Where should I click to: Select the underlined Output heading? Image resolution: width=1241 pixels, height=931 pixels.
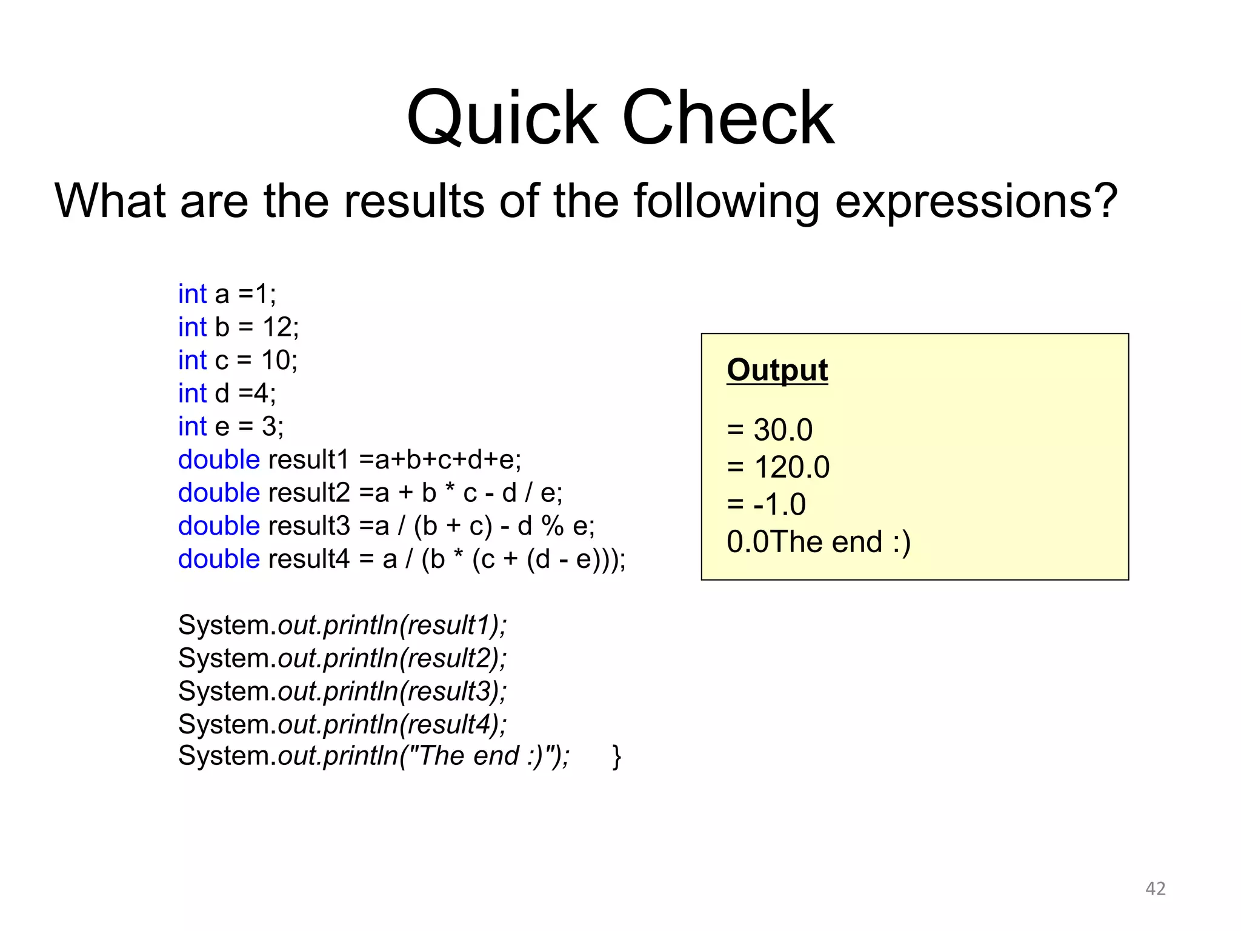click(777, 370)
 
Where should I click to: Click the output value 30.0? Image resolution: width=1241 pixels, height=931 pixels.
click(782, 430)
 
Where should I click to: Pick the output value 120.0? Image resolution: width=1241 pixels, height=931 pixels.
click(791, 467)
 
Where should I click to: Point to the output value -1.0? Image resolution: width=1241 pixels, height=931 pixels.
click(779, 504)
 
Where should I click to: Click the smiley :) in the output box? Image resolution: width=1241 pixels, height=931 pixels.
click(902, 542)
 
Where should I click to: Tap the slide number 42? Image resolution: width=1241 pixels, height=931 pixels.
click(1155, 889)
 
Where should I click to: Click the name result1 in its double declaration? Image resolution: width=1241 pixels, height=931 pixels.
click(309, 460)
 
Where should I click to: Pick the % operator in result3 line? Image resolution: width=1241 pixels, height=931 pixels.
click(552, 526)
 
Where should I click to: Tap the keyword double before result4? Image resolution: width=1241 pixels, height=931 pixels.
click(219, 559)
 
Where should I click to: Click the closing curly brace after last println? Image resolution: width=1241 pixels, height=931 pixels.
click(617, 756)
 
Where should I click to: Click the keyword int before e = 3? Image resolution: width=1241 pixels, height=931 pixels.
click(192, 427)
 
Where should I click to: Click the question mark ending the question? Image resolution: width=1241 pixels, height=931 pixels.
click(1105, 202)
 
